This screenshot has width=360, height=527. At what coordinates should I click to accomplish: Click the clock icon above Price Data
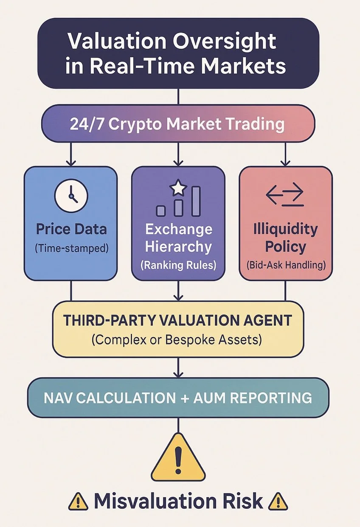tap(71, 196)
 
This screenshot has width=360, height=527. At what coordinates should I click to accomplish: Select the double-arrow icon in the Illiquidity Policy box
tap(284, 196)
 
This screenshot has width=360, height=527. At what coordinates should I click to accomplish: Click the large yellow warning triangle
tap(178, 459)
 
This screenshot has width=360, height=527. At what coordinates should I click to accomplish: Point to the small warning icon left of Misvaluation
tap(78, 502)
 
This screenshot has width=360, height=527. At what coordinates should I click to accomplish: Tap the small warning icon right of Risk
tap(279, 502)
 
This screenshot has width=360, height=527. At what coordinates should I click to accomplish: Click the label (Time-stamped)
tap(71, 249)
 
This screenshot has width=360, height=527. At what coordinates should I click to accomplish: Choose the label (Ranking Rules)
tap(178, 265)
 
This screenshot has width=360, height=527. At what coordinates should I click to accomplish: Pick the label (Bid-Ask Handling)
tap(285, 265)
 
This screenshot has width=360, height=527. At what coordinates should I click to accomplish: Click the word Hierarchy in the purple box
tap(178, 247)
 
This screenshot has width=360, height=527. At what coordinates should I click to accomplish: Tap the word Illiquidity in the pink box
tap(285, 230)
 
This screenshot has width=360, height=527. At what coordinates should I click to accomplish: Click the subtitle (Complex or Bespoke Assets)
tap(178, 340)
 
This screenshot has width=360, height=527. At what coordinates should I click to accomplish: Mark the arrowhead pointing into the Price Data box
tap(71, 163)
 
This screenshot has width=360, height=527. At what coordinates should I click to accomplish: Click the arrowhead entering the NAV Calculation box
tap(178, 374)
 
